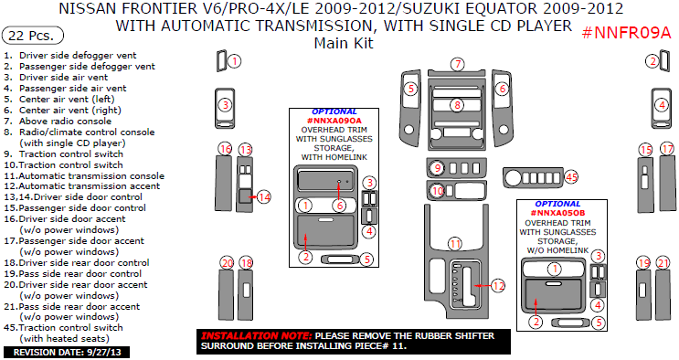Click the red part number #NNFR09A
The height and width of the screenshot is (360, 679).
point(626,33)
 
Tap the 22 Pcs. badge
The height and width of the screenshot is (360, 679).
point(33,35)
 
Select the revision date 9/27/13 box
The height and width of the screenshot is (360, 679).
point(67,352)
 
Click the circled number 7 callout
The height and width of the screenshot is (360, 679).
point(457,64)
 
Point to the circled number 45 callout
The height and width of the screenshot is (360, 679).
point(571,177)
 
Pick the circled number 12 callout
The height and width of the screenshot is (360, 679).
point(498,286)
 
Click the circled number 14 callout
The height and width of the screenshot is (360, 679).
point(264,197)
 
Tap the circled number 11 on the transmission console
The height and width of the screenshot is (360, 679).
point(455,244)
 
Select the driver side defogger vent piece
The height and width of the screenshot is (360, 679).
point(221,61)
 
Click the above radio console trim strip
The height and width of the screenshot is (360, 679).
point(456,73)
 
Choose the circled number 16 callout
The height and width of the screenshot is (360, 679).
point(225,150)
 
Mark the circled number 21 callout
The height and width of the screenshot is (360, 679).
point(663,263)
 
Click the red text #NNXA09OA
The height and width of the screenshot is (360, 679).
point(334,121)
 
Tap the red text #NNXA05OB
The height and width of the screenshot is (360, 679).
point(557,213)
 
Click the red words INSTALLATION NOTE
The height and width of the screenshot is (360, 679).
point(256,335)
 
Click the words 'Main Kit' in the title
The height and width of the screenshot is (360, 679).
point(344,43)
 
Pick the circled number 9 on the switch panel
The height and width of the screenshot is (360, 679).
point(438,168)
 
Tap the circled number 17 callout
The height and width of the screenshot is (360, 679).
point(667,149)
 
